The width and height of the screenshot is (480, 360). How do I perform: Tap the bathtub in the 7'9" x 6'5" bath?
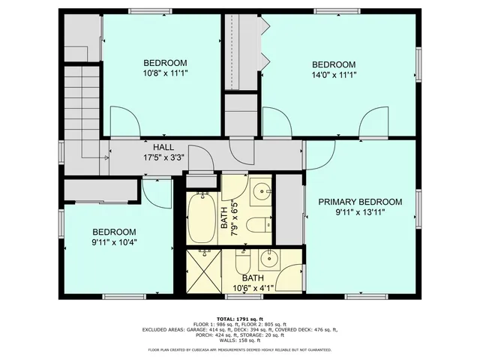click(x=201, y=217)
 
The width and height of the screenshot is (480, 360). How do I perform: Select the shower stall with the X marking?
click(x=204, y=271)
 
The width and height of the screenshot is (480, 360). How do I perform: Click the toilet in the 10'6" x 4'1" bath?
click(x=243, y=263)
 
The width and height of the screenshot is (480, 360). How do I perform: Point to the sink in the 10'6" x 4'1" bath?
click(x=268, y=262)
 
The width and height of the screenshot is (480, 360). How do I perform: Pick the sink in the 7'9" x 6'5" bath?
click(x=262, y=192)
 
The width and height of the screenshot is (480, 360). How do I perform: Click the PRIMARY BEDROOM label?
click(x=360, y=202)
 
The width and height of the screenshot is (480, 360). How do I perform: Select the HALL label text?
click(x=165, y=147)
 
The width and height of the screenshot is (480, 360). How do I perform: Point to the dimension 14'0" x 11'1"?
click(x=333, y=74)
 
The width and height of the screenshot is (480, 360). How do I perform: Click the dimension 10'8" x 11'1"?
click(x=165, y=73)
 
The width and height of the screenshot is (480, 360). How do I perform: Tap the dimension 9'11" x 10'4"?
click(x=114, y=242)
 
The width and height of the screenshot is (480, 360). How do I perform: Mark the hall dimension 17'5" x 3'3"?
click(x=165, y=157)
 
